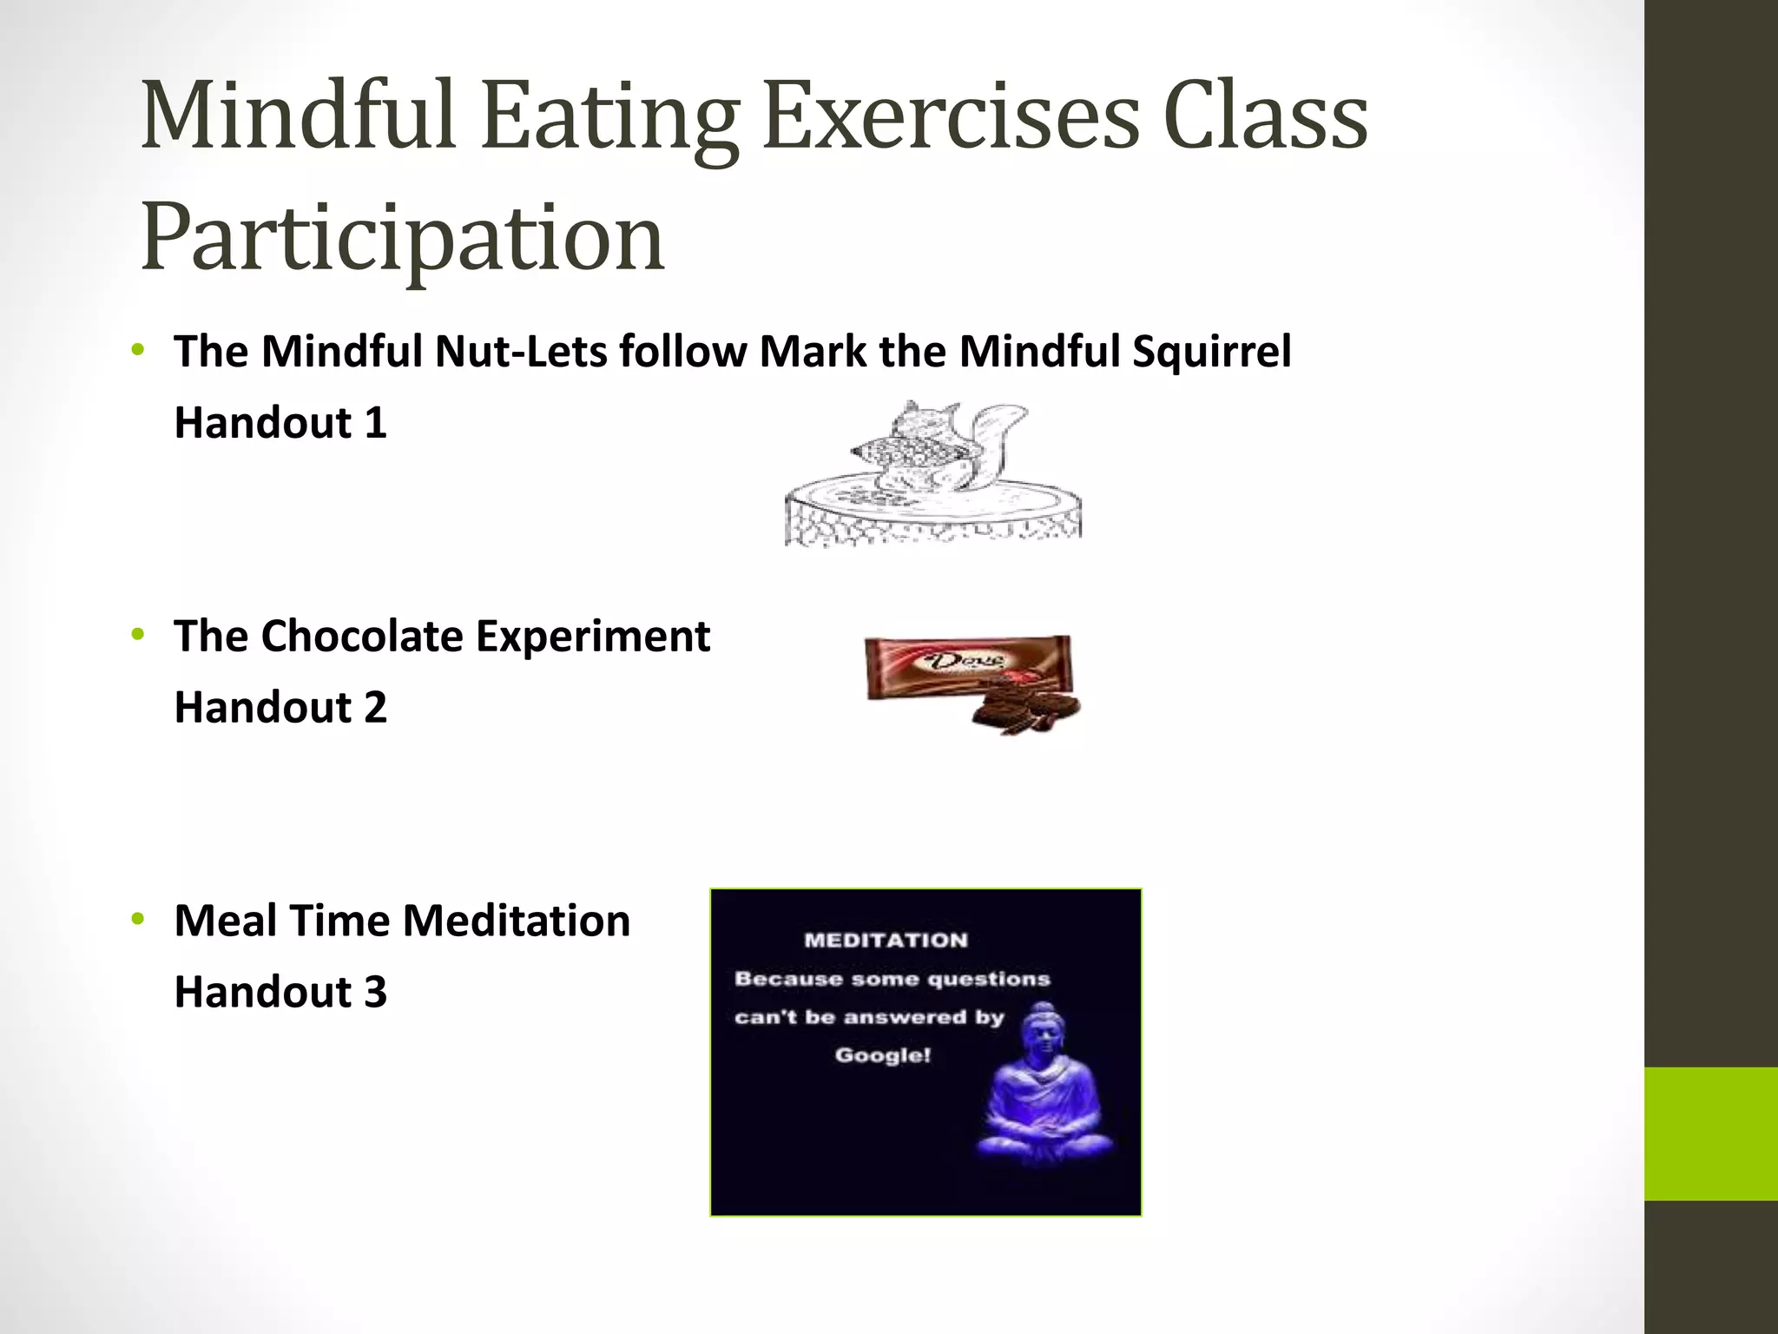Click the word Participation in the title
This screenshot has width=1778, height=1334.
[x=402, y=237]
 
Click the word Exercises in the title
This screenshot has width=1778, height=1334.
[x=952, y=116]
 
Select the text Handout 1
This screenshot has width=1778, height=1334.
[x=280, y=423]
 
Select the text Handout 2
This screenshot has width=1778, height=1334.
[x=280, y=707]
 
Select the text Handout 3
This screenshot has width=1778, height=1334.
[x=280, y=992]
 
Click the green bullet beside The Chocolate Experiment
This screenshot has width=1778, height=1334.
[x=137, y=635]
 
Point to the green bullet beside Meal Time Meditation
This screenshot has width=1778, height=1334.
[x=137, y=919]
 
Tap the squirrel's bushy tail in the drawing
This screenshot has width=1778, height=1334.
[x=998, y=443]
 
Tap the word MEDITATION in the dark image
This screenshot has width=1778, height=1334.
[x=886, y=940]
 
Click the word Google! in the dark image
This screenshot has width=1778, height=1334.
[x=882, y=1055]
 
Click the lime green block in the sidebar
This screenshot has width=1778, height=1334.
[x=1710, y=1133]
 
